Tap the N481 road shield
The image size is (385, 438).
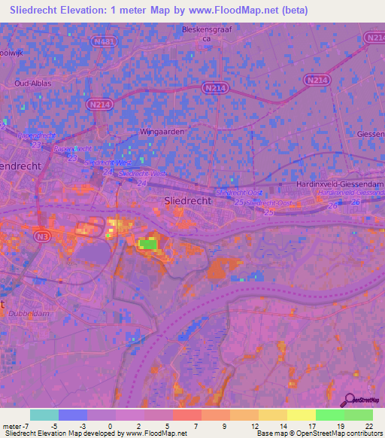click(105, 42)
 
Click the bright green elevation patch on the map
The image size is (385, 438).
click(148, 243)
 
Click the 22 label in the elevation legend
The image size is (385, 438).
click(368, 426)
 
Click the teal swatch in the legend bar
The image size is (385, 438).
click(44, 415)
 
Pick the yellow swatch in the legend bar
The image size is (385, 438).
click(301, 415)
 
